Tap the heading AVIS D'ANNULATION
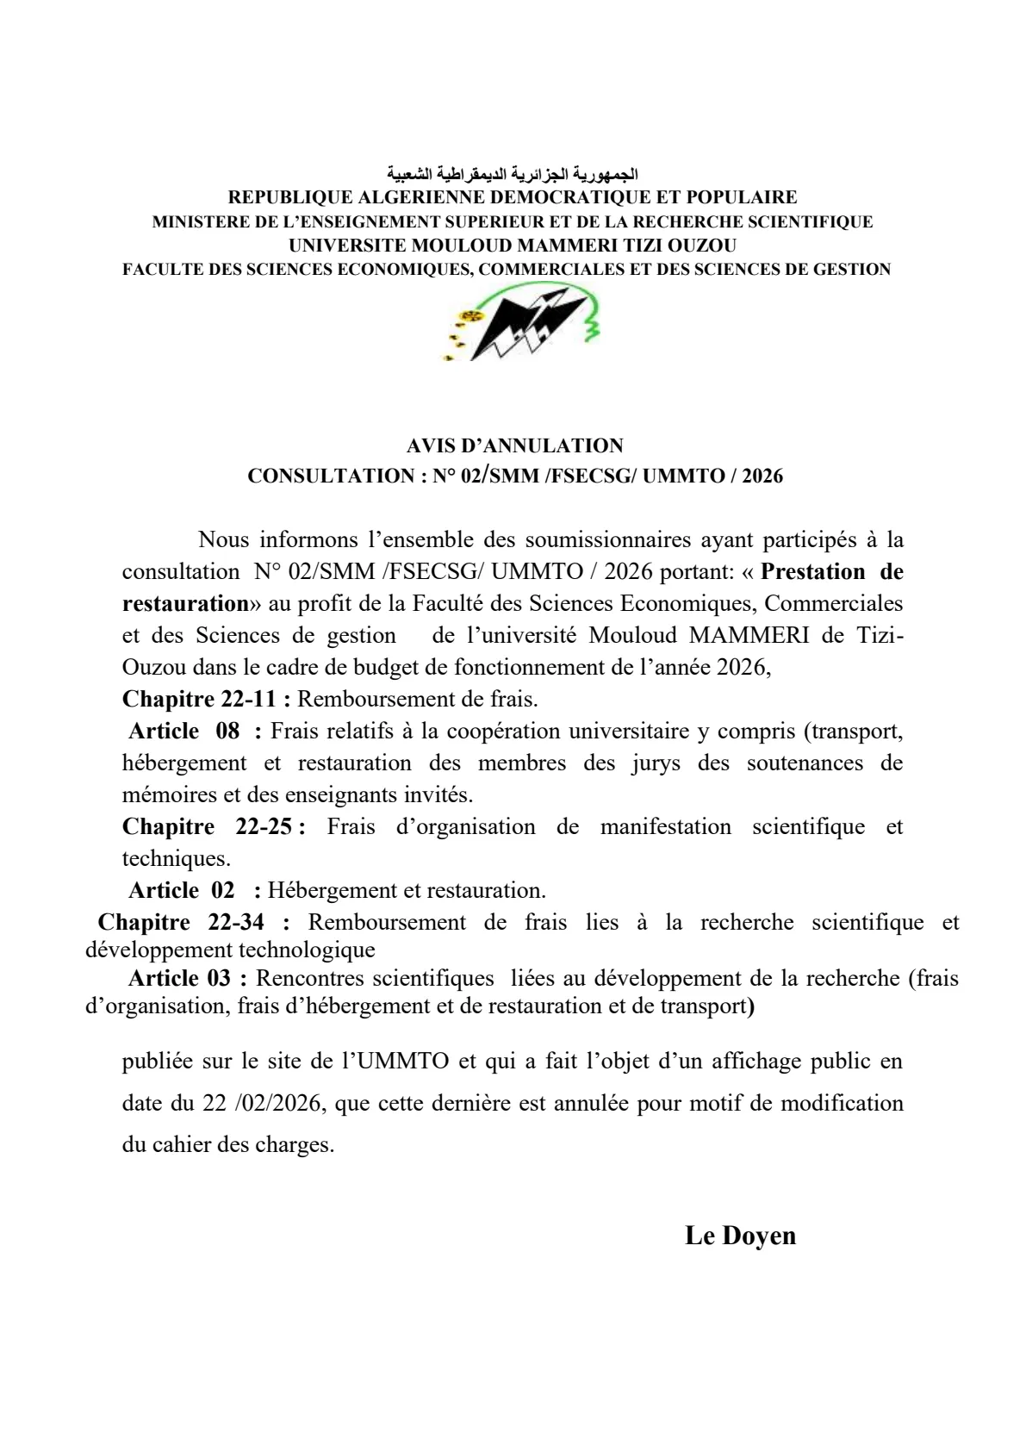coord(514,446)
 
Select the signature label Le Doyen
coord(740,1236)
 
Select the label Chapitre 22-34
coord(193,922)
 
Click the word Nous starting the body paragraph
coord(223,540)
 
